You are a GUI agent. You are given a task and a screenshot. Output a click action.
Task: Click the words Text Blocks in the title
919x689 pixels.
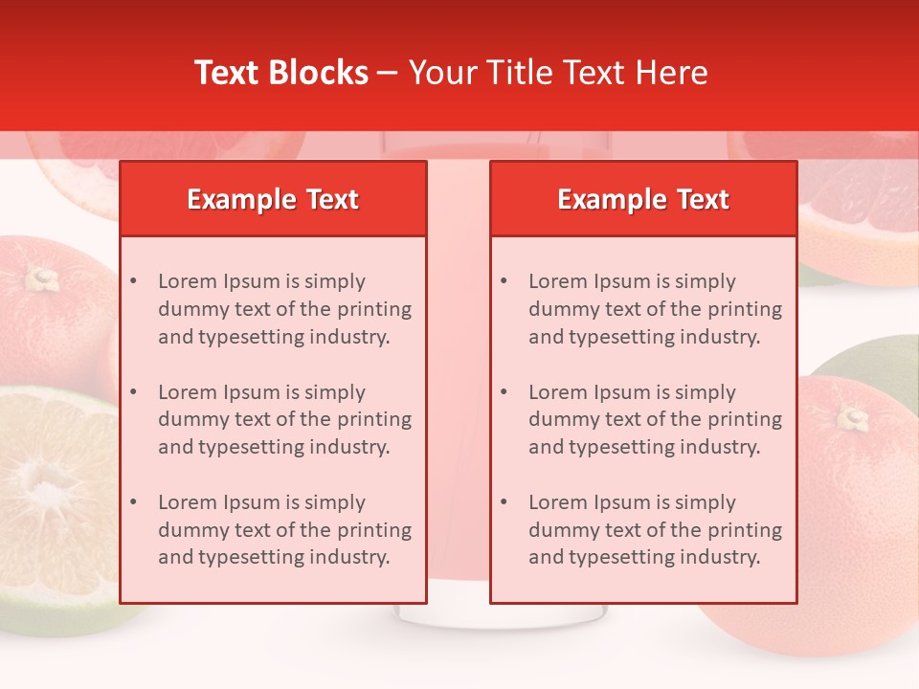point(280,73)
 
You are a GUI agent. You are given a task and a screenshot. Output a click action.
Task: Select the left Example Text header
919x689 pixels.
point(273,199)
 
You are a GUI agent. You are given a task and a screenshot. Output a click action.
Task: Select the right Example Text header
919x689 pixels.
point(643,199)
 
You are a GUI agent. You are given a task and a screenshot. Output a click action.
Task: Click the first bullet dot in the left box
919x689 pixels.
point(134,281)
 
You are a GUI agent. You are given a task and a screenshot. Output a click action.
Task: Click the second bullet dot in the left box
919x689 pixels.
point(134,392)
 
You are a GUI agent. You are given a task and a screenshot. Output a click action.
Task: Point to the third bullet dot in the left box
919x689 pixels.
point(134,502)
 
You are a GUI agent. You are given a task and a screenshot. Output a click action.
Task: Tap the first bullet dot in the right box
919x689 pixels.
point(504,281)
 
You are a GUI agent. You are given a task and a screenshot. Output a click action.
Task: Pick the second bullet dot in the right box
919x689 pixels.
point(504,392)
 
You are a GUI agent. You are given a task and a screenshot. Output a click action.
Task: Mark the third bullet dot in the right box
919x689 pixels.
point(504,502)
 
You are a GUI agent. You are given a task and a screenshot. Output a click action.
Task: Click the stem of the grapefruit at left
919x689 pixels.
point(40,278)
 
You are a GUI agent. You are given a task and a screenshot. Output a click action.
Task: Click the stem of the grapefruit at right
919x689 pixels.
point(852,417)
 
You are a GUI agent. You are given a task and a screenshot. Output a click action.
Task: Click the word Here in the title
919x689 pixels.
point(674,73)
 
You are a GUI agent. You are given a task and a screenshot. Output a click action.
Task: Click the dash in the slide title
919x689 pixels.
point(388,73)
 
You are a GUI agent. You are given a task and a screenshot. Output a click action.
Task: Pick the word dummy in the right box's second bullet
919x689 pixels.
point(562,419)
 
